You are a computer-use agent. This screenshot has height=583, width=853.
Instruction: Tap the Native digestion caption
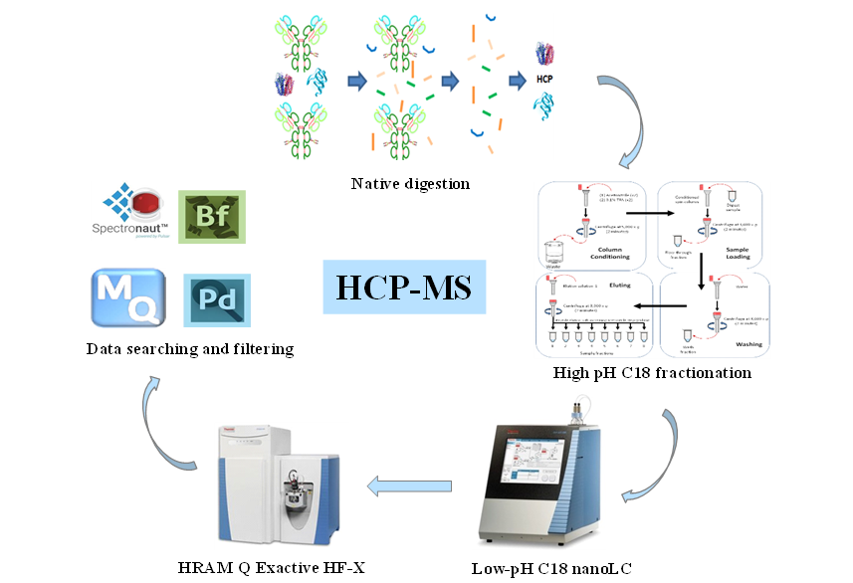[x=396, y=183]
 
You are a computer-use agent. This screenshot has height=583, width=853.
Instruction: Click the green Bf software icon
[x=210, y=217]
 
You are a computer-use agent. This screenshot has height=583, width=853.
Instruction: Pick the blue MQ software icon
[x=127, y=296]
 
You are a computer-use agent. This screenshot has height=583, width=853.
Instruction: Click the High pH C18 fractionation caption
[x=652, y=372]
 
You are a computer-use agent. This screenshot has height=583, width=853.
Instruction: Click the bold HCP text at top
[x=543, y=80]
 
